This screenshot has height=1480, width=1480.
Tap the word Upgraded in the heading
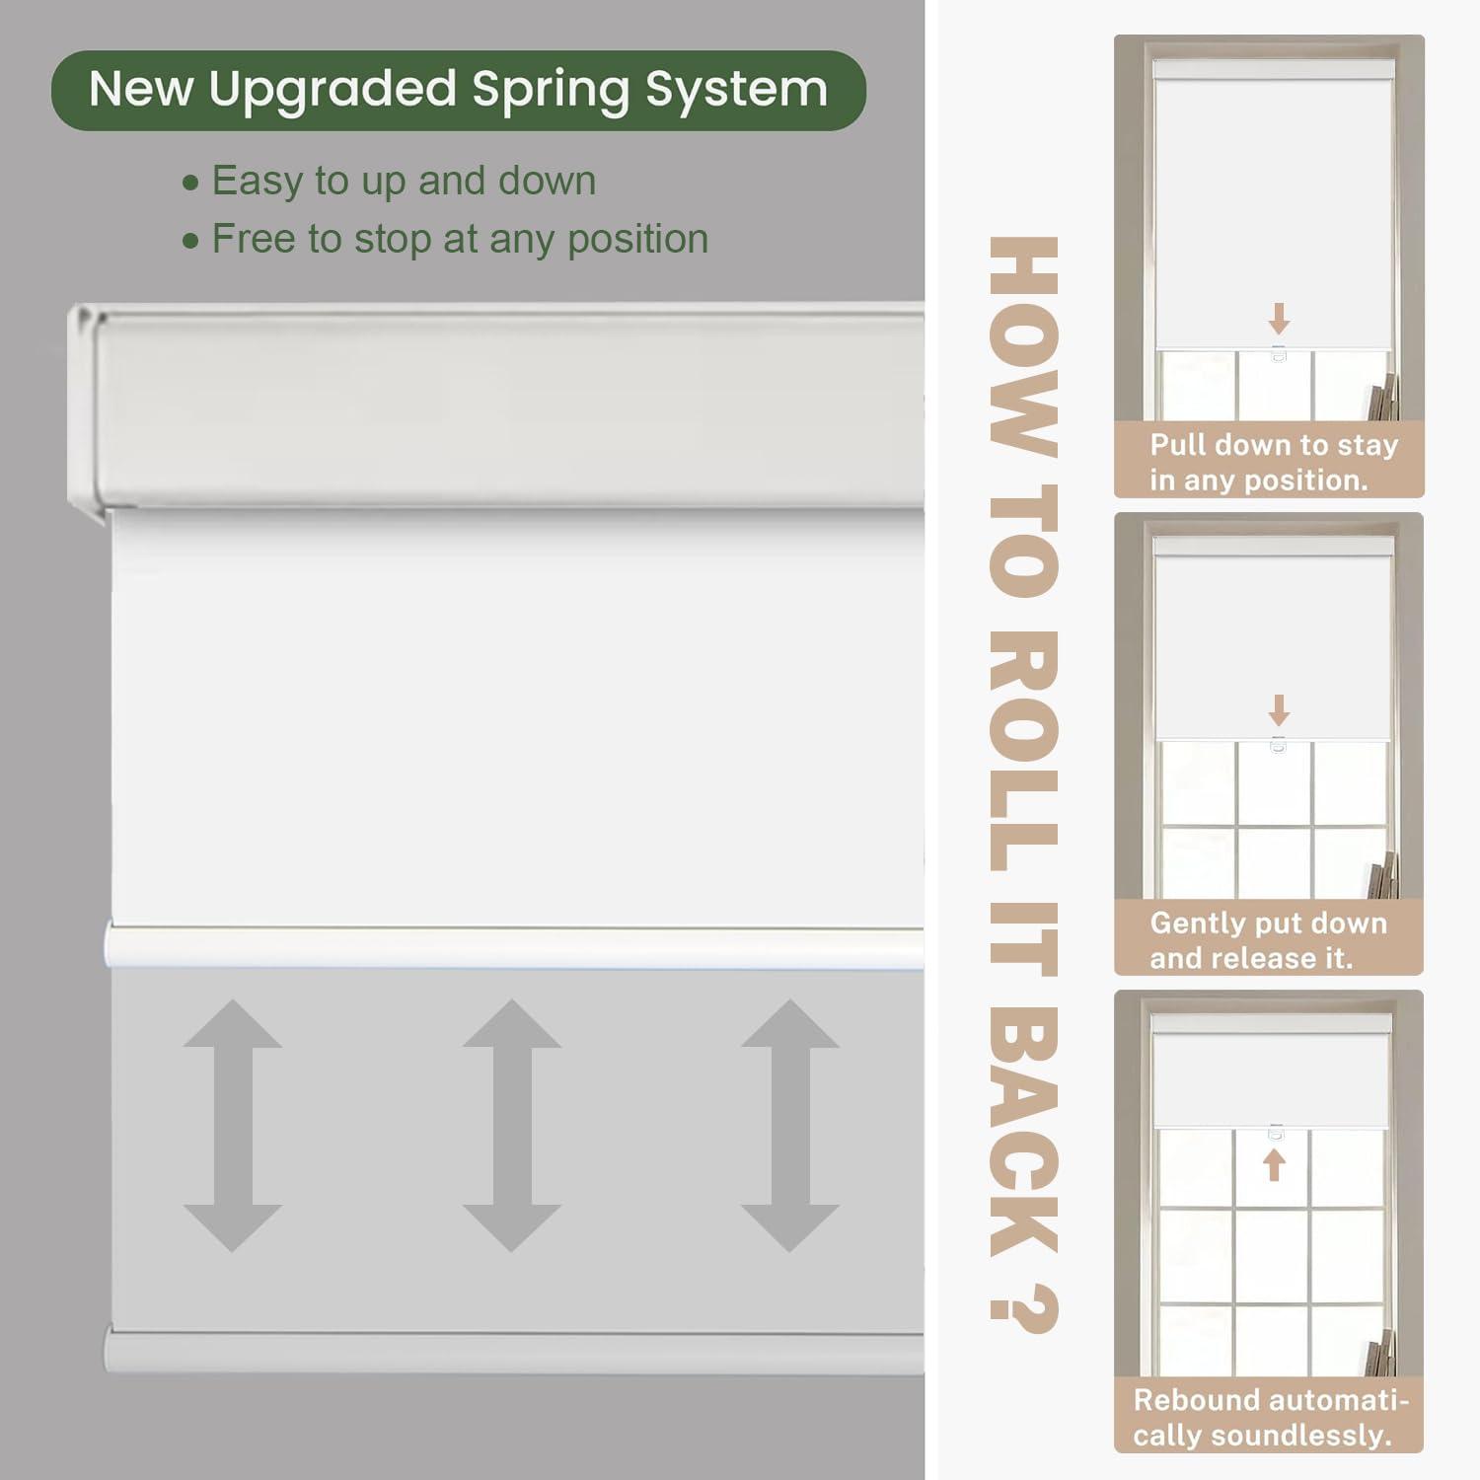coord(332,90)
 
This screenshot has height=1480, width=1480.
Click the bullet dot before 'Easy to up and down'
coord(191,184)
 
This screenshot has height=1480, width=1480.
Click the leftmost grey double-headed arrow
coord(233,1126)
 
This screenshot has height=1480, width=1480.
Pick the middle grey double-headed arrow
coord(512,1126)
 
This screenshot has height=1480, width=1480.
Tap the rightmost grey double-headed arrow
coord(790,1126)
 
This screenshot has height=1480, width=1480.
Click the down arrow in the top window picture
coord(1279,319)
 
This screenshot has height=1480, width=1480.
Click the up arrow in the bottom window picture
coord(1275,1164)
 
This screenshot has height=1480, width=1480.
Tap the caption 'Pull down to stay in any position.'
coord(1273,462)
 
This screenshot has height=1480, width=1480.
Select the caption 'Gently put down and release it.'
coord(1268,939)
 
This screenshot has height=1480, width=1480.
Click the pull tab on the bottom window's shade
coord(1276,1132)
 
